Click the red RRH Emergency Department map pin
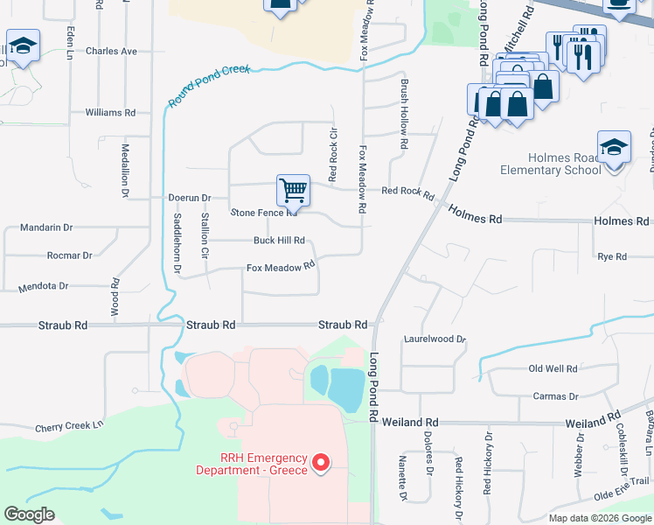point(321,462)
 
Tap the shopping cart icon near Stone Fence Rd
point(293,190)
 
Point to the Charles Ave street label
point(111,52)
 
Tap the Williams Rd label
point(110,113)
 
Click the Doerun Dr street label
point(190,199)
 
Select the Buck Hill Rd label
point(279,241)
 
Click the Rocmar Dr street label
point(70,256)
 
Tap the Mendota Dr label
point(44,286)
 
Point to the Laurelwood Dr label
point(435,339)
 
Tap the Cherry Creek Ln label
point(69,428)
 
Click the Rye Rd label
point(612,256)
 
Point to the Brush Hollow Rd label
point(404,114)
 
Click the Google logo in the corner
point(29,514)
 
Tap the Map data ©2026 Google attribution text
point(600,518)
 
